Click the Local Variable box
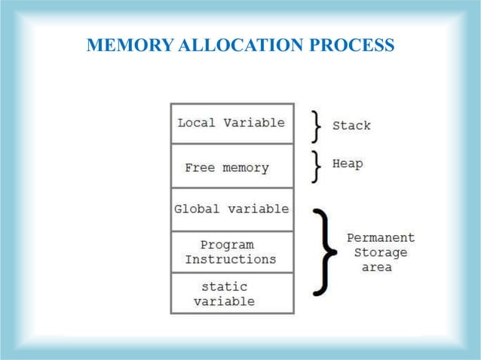pyautogui.click(x=231, y=124)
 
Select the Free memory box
pyautogui.click(x=231, y=166)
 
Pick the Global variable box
pyautogui.click(x=231, y=209)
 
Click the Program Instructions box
pyautogui.click(x=231, y=252)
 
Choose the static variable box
pyautogui.click(x=231, y=294)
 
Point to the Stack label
pyautogui.click(x=351, y=126)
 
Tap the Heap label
pyautogui.click(x=348, y=163)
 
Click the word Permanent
pyautogui.click(x=380, y=237)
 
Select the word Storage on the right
pyautogui.click(x=380, y=252)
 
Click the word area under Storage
pyautogui.click(x=376, y=267)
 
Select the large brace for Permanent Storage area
pyautogui.click(x=325, y=252)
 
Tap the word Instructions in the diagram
pyautogui.click(x=231, y=259)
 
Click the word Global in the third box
pyautogui.click(x=195, y=209)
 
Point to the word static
pyautogui.click(x=224, y=287)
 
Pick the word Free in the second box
pyautogui.click(x=200, y=168)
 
